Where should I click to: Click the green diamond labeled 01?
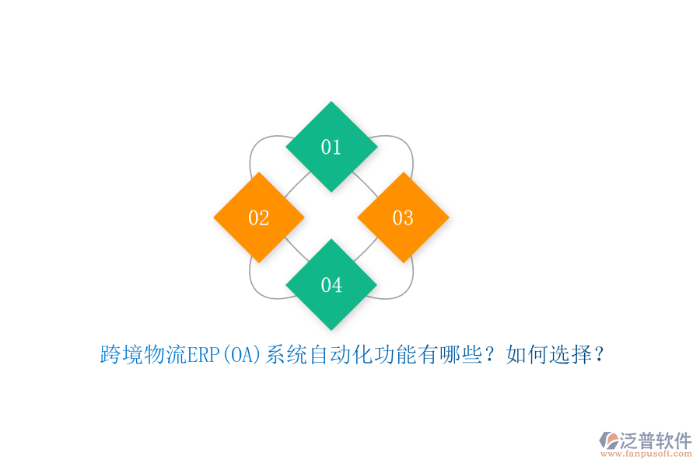(x=331, y=147)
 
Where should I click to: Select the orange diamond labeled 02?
(x=259, y=217)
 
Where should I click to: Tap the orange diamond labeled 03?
(x=403, y=217)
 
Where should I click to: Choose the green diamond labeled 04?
(x=331, y=285)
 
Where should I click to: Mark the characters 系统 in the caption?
(x=287, y=356)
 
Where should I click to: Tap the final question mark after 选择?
(x=600, y=356)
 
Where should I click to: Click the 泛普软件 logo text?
(x=656, y=441)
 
